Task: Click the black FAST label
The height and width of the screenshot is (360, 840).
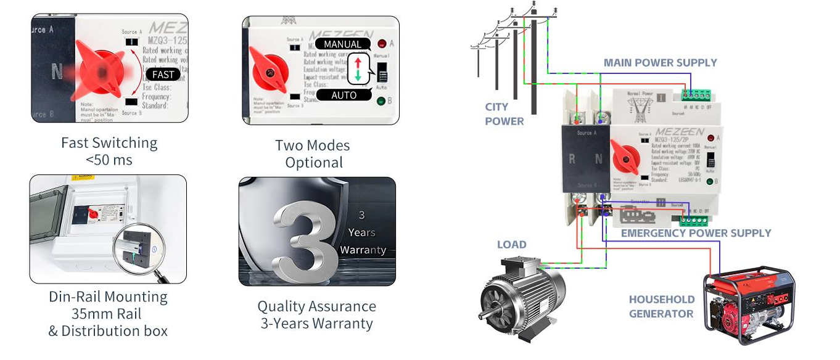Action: pos(163,75)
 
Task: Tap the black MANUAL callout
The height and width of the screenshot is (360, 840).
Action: pos(343,44)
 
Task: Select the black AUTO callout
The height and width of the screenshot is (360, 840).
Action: pos(344,95)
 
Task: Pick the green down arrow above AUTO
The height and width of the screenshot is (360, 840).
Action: pos(358,76)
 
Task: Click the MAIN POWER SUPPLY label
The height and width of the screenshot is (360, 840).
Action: pos(660,63)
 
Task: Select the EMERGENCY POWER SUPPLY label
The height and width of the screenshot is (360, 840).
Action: pos(696,233)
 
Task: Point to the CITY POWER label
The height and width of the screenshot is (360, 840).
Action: pos(504,115)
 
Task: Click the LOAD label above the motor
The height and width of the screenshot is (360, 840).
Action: pos(512,245)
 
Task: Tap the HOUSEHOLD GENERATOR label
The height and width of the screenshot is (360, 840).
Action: pos(661,306)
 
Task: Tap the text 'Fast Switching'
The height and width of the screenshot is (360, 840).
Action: pos(109,143)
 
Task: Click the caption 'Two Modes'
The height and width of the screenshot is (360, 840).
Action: pos(312,145)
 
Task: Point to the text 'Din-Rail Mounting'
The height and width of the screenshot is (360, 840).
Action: pos(108,297)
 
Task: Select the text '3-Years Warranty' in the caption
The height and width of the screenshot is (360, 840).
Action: pos(316,323)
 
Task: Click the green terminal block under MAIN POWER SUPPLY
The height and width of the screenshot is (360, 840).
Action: pos(696,95)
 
